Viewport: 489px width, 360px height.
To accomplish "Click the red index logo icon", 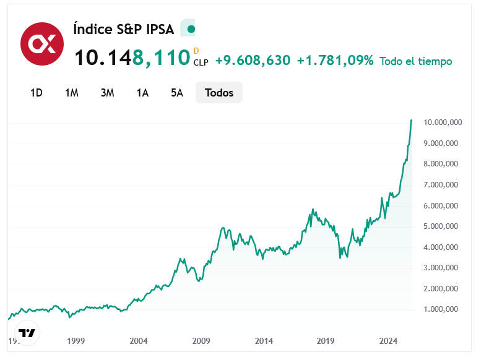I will pyautogui.click(x=42, y=43).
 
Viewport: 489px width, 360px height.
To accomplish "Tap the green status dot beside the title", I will pyautogui.click(x=191, y=29).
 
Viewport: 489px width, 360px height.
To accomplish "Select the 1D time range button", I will pyautogui.click(x=37, y=93).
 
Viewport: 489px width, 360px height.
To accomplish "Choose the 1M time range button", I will pyautogui.click(x=72, y=93).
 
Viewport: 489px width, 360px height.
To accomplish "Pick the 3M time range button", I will pyautogui.click(x=108, y=93).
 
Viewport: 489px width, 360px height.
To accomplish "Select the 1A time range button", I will pyautogui.click(x=143, y=93).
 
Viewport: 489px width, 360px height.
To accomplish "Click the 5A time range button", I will pyautogui.click(x=178, y=93).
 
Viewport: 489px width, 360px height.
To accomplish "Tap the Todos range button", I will pyautogui.click(x=219, y=93).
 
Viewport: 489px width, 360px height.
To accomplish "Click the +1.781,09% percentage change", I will pyautogui.click(x=335, y=61).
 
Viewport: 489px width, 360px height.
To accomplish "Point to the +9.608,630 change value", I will pyautogui.click(x=253, y=61).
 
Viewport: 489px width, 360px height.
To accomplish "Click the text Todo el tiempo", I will pyautogui.click(x=416, y=61).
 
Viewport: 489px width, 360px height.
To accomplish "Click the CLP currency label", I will pyautogui.click(x=201, y=62).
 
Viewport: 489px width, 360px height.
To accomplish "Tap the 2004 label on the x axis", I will pyautogui.click(x=139, y=341).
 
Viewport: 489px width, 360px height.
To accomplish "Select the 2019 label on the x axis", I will pyautogui.click(x=326, y=341).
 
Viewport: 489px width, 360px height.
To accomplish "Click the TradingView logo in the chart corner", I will pyautogui.click(x=27, y=333).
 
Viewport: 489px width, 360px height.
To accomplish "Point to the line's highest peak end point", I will pyautogui.click(x=412, y=120).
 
